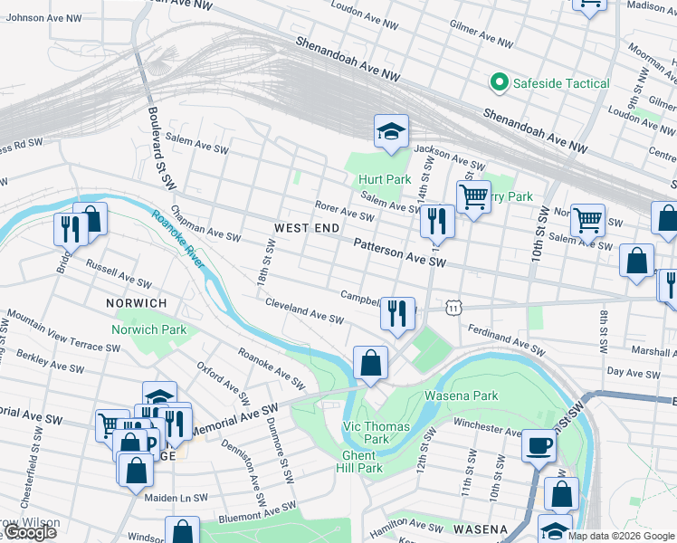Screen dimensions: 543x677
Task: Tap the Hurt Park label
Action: pos(384,180)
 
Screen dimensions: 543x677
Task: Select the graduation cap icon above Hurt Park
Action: pos(391,132)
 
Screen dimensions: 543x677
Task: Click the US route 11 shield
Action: pos(453,308)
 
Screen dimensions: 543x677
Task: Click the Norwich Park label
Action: pos(148,329)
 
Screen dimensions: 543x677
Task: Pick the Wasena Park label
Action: pos(462,395)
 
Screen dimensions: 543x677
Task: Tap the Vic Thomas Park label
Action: pos(377,433)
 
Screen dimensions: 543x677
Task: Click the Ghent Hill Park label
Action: pos(362,462)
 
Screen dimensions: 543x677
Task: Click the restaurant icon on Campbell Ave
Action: pos(397,314)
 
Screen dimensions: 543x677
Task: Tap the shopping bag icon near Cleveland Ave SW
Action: pos(370,364)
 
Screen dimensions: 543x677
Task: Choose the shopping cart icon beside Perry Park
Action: pos(472,196)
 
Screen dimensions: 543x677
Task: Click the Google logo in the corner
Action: pos(29,533)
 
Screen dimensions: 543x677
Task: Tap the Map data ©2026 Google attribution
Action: pos(622,536)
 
